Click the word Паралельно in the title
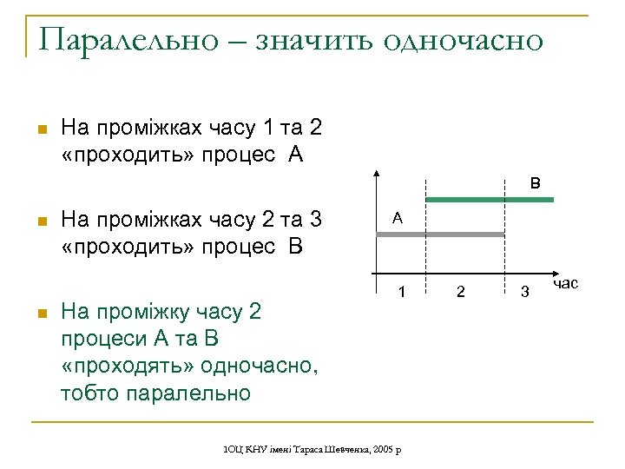click(128, 40)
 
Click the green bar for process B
click(490, 201)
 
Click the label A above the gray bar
click(397, 219)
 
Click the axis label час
click(564, 283)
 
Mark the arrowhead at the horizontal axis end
click(553, 277)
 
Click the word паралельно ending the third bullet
click(188, 393)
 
